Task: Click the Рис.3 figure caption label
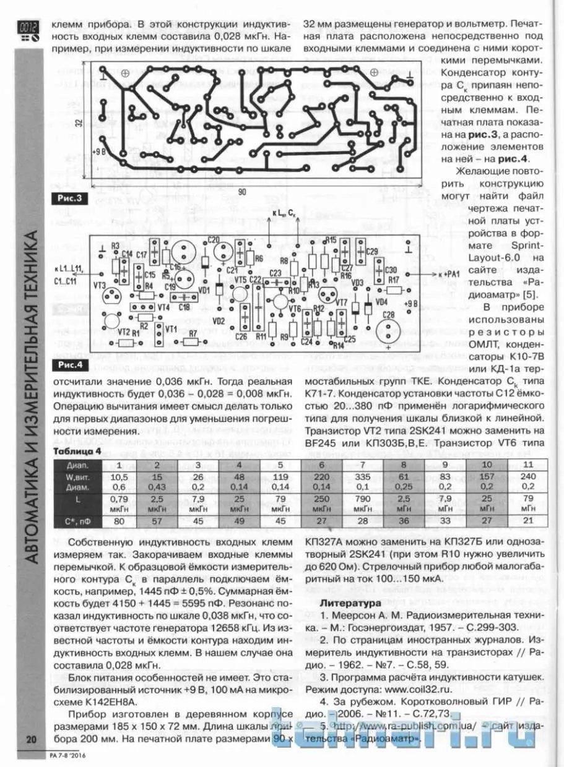pos(70,199)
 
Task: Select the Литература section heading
pos(348,602)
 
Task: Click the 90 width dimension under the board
pos(241,192)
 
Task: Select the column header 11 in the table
pos(527,465)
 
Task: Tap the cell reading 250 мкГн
pos(322,503)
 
